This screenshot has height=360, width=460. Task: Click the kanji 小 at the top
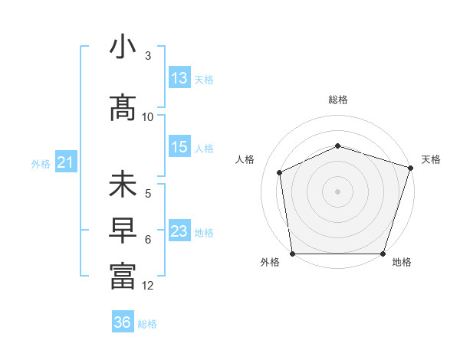[123, 47]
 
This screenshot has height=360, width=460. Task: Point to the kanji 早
[123, 231]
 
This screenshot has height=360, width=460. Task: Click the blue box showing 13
[179, 78]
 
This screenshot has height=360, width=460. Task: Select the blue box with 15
[179, 147]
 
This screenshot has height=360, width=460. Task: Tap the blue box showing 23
[179, 231]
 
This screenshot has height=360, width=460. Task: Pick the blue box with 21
[66, 162]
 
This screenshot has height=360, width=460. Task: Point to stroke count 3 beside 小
[148, 56]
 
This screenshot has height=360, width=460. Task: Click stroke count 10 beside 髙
[148, 116]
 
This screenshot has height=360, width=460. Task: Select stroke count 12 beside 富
[148, 286]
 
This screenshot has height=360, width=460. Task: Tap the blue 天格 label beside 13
[204, 79]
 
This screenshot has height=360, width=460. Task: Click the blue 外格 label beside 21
[41, 163]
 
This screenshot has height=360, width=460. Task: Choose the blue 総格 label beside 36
[147, 323]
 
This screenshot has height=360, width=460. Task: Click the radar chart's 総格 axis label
[337, 100]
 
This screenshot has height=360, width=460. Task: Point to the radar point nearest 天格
[410, 168]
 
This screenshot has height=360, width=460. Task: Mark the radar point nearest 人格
[280, 172]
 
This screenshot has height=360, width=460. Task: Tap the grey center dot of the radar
[337, 191]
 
